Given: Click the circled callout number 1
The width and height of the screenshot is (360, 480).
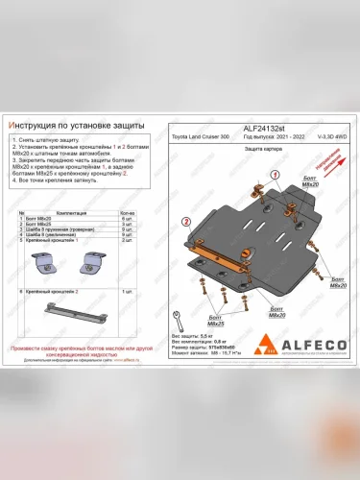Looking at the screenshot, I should (276, 175).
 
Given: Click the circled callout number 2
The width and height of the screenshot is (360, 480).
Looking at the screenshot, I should (184, 221).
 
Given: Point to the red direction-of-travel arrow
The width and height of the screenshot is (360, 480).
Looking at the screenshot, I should (335, 161).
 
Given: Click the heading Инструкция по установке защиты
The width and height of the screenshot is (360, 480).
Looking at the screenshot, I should (73, 126).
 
